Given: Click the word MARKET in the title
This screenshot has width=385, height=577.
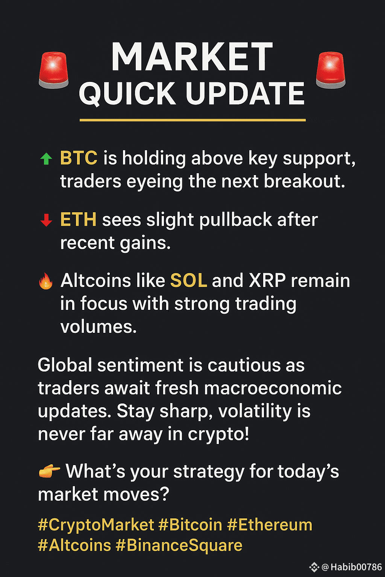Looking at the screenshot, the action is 192,57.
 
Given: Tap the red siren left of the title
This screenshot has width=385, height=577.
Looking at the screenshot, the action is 54,70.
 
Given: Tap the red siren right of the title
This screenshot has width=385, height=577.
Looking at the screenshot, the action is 330,70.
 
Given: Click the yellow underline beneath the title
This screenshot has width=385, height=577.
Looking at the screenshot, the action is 192,120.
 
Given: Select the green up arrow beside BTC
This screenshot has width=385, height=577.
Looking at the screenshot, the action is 46,159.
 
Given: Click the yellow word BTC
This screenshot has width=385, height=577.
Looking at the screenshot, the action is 79,158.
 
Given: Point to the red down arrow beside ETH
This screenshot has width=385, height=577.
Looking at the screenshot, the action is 46,220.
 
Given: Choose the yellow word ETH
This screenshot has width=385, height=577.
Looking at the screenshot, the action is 79,219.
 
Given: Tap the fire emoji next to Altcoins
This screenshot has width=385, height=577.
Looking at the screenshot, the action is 46,281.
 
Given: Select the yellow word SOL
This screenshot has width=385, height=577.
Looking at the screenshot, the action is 188,280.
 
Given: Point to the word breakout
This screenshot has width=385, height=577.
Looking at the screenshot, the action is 304,181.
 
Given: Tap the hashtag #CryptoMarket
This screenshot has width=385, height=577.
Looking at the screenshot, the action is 96,525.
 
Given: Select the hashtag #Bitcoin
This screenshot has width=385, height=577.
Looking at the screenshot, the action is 190,525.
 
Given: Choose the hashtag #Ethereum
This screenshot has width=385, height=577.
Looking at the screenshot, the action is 270,525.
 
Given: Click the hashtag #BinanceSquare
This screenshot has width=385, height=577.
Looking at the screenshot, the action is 179,546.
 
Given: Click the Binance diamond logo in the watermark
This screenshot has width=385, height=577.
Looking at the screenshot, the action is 314,567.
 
